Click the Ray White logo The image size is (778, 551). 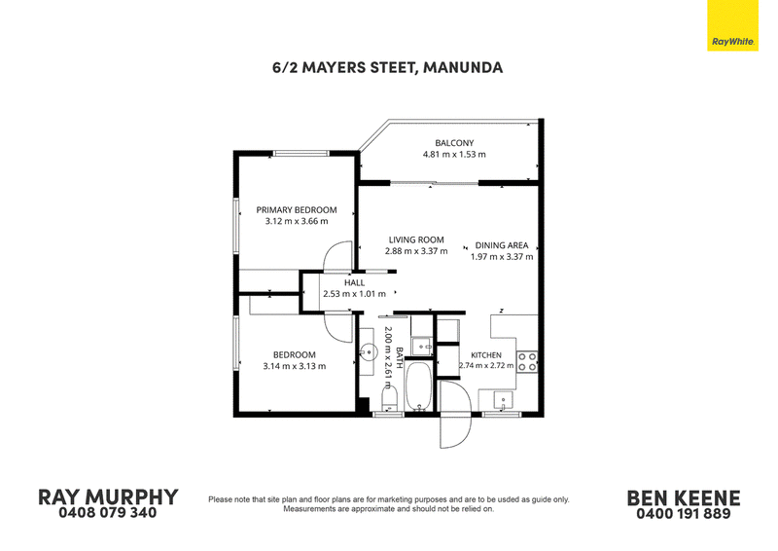coord(733,25)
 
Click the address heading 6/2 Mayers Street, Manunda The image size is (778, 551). coord(387,67)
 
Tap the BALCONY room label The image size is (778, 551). coord(454,143)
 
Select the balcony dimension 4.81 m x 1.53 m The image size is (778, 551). coord(454,155)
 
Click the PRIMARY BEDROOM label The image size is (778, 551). coord(297,210)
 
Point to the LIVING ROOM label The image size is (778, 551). coord(416,240)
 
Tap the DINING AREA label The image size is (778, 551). coord(502,245)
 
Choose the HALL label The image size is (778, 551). coord(354,282)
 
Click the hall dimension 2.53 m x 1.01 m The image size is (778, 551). coord(354,294)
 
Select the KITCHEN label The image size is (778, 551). coord(485,355)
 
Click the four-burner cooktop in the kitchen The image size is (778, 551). coord(527,362)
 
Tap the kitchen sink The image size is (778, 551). coord(504,400)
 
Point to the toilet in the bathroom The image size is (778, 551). coord(390,399)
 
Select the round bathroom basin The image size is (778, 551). coord(369,352)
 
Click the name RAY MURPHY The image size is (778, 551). coord(108,497)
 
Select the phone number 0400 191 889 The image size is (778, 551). coord(684,514)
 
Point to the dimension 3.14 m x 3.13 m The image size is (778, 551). coord(295,367)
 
